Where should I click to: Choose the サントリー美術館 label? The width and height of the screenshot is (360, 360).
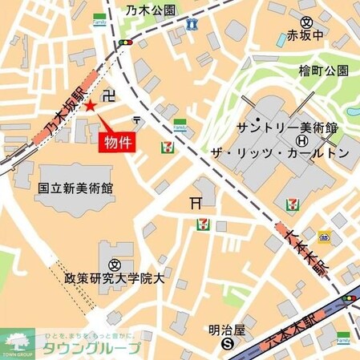pyautogui.click(x=287, y=129)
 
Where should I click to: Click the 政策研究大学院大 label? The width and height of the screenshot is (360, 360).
pyautogui.click(x=115, y=279)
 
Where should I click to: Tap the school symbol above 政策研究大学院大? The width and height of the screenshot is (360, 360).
pyautogui.click(x=115, y=264)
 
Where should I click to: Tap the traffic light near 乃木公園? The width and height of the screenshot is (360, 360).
pyautogui.click(x=124, y=42)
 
